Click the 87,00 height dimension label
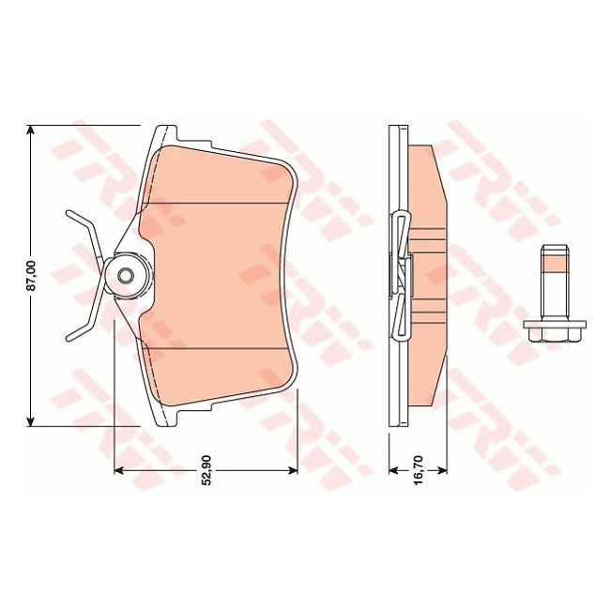click(30, 277)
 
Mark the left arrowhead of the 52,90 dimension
click(119, 469)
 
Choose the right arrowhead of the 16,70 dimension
click(443, 469)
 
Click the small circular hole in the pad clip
click(125, 277)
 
